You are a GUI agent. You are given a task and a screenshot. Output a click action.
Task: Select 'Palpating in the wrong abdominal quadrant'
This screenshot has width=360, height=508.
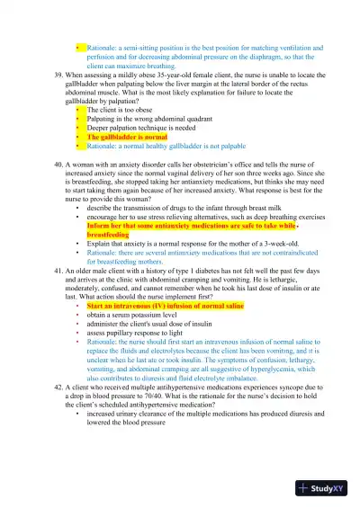[x=148, y=118]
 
